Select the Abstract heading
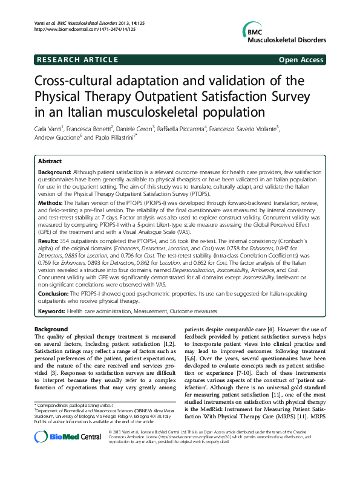(50, 162)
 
